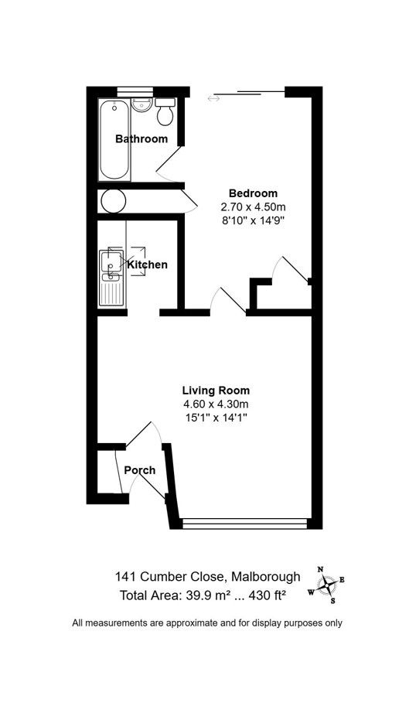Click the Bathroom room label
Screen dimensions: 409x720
pyautogui.click(x=141, y=138)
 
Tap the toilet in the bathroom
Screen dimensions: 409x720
pyautogui.click(x=165, y=111)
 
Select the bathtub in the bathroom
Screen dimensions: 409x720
pyautogui.click(x=114, y=139)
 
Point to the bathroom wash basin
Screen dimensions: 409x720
pyautogui.click(x=141, y=104)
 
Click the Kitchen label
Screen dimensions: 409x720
pyautogui.click(x=148, y=265)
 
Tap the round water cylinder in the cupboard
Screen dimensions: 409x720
pyautogui.click(x=114, y=201)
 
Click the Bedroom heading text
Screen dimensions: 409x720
pyautogui.click(x=254, y=193)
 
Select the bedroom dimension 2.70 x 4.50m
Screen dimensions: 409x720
pyautogui.click(x=254, y=206)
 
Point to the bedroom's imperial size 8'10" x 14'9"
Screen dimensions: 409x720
pyautogui.click(x=254, y=220)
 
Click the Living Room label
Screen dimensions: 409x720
pyautogui.click(x=216, y=391)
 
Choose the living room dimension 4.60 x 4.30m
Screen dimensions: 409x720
pyautogui.click(x=216, y=404)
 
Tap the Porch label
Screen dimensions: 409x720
pyautogui.click(x=140, y=470)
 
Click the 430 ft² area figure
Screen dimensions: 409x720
pyautogui.click(x=268, y=595)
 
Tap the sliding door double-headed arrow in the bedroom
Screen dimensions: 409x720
pyautogui.click(x=213, y=97)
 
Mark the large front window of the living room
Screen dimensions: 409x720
pyautogui.click(x=244, y=524)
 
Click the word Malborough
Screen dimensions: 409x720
pyautogui.click(x=267, y=576)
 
